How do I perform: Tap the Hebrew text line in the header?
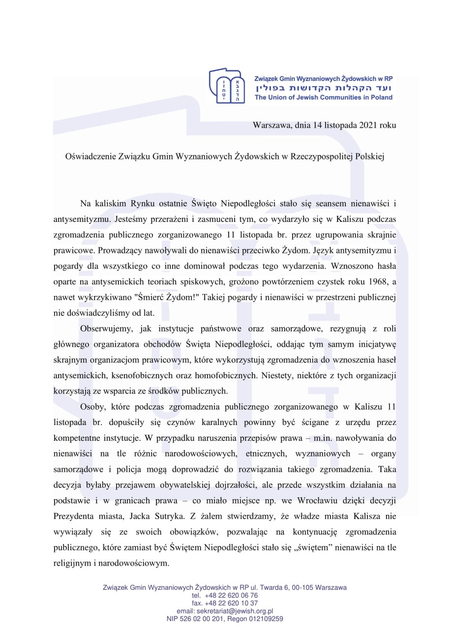(x=324, y=88)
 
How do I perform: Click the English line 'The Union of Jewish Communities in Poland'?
(x=323, y=97)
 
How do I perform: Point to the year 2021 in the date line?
(x=369, y=125)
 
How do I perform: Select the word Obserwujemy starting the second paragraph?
(x=103, y=328)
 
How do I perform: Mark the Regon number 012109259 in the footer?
(x=266, y=618)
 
